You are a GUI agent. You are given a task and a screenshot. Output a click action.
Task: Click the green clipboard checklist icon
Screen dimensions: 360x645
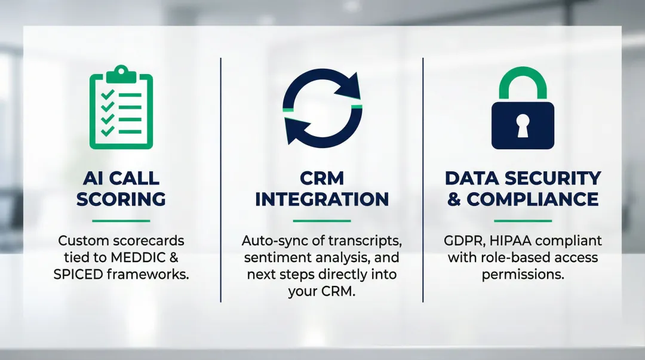(x=121, y=109)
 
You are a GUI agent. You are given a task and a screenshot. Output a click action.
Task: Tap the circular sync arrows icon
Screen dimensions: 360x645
(x=322, y=107)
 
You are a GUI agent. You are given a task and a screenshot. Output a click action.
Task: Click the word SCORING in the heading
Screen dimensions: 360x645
(x=121, y=199)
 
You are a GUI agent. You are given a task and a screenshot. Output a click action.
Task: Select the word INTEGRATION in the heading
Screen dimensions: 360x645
(x=322, y=199)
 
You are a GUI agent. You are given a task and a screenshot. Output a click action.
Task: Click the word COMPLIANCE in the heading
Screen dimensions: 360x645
(x=533, y=199)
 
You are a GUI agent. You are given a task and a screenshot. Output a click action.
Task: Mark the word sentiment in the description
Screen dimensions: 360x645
(x=274, y=258)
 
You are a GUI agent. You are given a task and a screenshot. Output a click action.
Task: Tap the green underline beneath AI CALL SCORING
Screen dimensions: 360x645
(x=121, y=221)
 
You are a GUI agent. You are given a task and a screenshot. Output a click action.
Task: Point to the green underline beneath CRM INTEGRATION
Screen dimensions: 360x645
(x=322, y=221)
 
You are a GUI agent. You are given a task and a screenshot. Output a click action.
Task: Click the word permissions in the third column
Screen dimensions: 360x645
(x=523, y=275)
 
